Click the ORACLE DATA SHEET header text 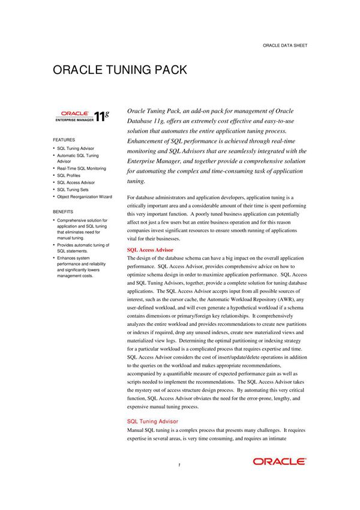(x=285, y=46)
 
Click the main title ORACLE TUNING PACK (x=120, y=70)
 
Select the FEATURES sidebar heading (x=64, y=139)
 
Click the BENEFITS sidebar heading (x=63, y=212)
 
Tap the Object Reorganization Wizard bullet (x=84, y=197)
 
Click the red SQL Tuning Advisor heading (x=152, y=422)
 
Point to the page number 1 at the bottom (x=179, y=464)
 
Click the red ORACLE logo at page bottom (x=279, y=461)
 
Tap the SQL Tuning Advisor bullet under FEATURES (x=76, y=148)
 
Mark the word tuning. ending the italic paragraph (x=137, y=181)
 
